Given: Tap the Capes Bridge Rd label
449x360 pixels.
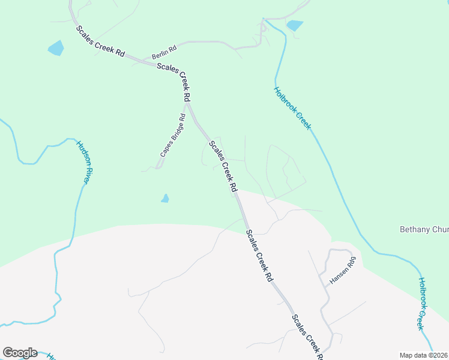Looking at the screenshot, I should [173, 136].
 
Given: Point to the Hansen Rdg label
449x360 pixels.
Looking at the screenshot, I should [343, 271].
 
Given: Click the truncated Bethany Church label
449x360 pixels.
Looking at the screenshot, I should [424, 229].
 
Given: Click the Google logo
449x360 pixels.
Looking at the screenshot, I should [20, 353].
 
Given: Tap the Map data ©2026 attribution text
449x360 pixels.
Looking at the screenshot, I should [424, 355].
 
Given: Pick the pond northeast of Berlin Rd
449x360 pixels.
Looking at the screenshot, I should [295, 25].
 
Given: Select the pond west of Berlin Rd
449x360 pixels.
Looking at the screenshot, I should [55, 48].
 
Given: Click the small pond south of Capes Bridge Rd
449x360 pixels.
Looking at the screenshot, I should [165, 199].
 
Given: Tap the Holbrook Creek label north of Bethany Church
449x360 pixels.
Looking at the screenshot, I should [293, 109].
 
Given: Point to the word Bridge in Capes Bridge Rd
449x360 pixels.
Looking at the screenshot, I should [173, 136].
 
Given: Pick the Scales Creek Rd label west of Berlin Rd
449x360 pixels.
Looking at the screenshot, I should [100, 41].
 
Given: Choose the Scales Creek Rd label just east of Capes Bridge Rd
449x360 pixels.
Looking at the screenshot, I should [223, 166].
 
